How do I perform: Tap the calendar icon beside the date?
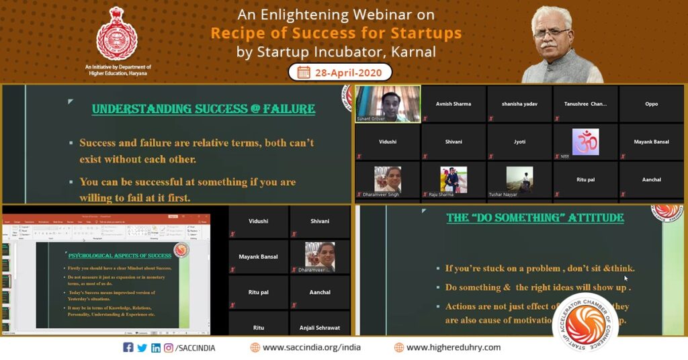click(304, 73)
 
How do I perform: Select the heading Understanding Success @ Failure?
click(203, 109)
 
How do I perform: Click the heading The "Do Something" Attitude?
click(535, 218)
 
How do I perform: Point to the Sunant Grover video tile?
click(387, 103)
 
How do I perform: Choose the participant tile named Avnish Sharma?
click(453, 104)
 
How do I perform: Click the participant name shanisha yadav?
click(519, 104)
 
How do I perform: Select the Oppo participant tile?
click(650, 104)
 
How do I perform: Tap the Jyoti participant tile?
click(519, 142)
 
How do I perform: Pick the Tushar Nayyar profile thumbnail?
click(519, 179)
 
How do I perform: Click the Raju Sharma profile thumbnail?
click(454, 179)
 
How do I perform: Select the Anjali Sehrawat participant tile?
click(319, 328)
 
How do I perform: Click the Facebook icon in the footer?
click(128, 347)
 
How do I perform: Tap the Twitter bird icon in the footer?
click(142, 347)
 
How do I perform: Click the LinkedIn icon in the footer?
click(155, 347)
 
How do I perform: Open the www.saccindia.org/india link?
click(306, 347)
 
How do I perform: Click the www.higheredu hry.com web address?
click(453, 347)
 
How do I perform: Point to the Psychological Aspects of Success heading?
click(120, 255)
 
